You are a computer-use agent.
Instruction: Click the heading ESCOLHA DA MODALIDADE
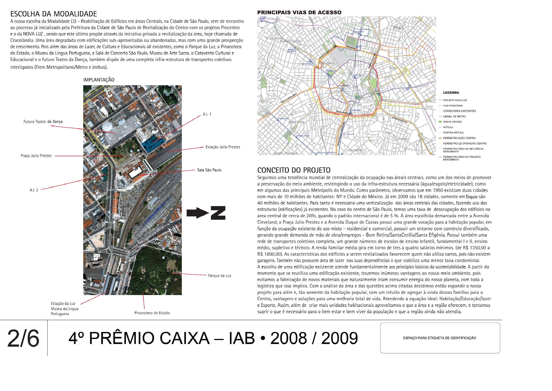coord(53,14)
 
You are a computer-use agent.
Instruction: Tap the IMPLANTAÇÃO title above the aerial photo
coord(99,80)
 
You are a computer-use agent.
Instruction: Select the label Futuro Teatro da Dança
coord(43,122)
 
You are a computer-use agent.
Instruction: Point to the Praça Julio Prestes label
coord(36,156)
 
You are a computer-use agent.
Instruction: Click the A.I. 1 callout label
coord(207,114)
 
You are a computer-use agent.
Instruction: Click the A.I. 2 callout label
coord(34,190)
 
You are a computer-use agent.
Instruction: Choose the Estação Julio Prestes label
coord(223,147)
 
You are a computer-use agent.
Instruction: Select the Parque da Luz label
coord(219,276)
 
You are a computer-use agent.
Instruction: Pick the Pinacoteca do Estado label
coord(152,313)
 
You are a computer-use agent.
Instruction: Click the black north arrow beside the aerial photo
coord(206,213)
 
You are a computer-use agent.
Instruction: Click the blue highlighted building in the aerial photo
coord(151,144)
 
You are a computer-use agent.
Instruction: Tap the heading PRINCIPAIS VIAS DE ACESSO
coord(299,13)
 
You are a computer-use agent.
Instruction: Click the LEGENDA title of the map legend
coord(451,93)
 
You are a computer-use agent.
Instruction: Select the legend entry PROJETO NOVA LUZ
coord(455,100)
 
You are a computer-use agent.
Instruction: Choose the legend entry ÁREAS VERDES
coord(452,122)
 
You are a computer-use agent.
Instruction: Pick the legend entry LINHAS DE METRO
coord(454,116)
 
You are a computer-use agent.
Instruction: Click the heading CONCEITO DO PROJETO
coord(294,170)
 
